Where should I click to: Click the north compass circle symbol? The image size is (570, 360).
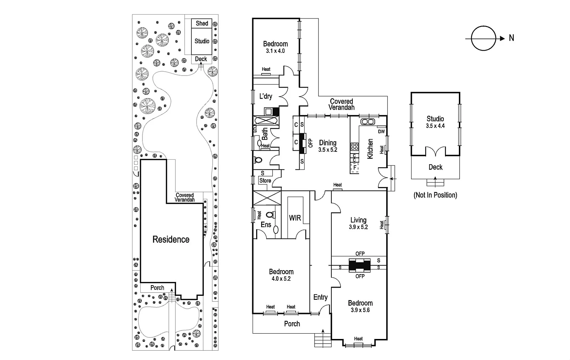tap(483, 38)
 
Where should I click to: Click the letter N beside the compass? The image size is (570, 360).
tap(512, 38)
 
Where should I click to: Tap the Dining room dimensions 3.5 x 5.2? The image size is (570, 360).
tap(328, 150)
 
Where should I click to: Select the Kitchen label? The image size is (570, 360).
tap(370, 149)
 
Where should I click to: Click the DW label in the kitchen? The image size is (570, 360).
tap(381, 132)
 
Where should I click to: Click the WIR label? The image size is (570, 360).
tap(295, 218)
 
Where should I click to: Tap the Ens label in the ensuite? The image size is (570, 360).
tap(266, 225)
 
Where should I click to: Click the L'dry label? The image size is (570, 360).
tap(265, 96)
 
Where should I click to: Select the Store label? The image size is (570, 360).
tap(265, 180)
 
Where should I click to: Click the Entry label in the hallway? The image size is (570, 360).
tap(320, 297)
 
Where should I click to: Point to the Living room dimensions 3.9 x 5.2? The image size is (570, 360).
tap(358, 227)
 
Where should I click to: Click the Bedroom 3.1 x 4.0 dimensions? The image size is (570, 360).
tap(275, 51)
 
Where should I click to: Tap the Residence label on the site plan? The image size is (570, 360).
tap(171, 240)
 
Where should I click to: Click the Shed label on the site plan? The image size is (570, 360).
tap(202, 24)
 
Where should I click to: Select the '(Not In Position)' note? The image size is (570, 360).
tap(435, 195)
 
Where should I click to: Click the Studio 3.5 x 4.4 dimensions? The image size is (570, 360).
tap(435, 126)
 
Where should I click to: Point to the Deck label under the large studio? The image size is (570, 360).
tap(435, 167)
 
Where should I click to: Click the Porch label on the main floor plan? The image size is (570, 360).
tap(292, 324)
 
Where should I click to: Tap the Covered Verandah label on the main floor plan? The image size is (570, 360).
tap(341, 104)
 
